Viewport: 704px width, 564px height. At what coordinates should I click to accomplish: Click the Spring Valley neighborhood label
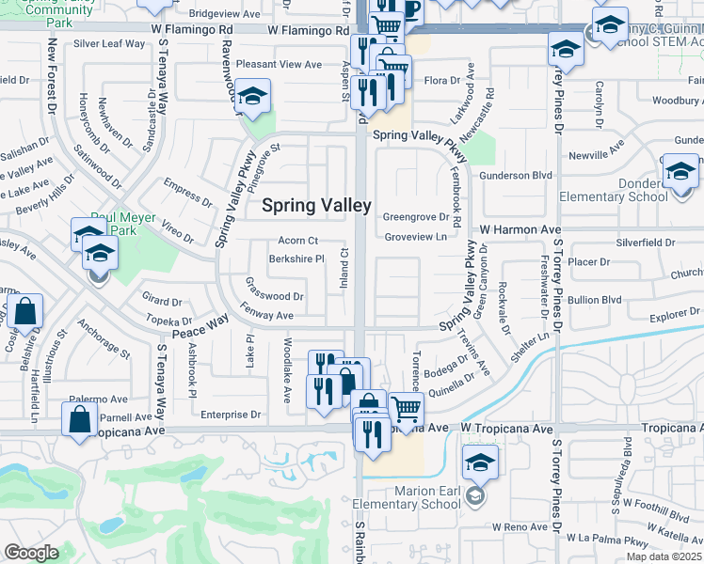pos(315,205)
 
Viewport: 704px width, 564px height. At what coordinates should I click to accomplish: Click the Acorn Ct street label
pos(298,241)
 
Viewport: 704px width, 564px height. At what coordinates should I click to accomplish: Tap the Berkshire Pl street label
pos(296,258)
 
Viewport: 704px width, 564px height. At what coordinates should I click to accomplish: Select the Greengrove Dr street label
pos(415,216)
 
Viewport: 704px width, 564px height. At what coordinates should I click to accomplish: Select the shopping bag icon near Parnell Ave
pos(80,420)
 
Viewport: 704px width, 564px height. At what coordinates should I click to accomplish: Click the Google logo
pos(31,554)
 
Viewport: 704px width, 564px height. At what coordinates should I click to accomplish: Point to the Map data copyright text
pos(664,556)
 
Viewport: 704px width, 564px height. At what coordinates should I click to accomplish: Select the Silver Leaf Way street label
pos(109,43)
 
